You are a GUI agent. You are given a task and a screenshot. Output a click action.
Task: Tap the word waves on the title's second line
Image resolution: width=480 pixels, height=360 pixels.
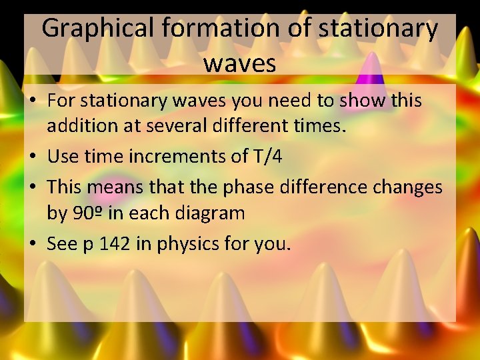(x=239, y=63)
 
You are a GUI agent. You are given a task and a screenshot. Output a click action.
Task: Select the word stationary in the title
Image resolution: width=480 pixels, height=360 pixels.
(x=378, y=29)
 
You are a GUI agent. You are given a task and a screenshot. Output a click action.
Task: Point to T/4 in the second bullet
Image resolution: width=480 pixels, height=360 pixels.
(x=267, y=157)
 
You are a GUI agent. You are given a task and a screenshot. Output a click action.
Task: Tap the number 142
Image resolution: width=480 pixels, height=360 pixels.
(x=115, y=244)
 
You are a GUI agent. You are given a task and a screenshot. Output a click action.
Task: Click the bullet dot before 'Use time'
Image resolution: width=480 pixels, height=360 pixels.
(x=33, y=157)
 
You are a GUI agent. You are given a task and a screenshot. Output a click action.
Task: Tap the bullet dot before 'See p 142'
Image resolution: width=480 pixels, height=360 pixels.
(x=33, y=245)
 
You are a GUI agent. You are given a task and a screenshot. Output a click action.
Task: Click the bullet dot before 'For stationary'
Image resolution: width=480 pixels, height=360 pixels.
(x=33, y=101)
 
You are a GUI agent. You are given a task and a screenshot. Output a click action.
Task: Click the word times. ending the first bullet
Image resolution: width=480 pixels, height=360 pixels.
(x=320, y=127)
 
